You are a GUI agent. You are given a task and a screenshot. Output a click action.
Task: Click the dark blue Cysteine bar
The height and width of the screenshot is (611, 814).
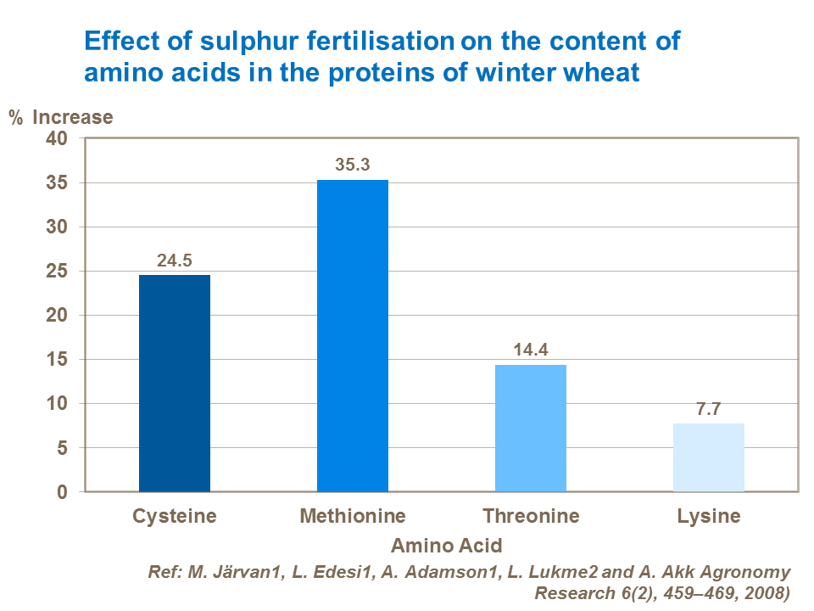[x=175, y=383]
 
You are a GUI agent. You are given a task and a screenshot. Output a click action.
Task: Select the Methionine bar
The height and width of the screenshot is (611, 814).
[x=353, y=335]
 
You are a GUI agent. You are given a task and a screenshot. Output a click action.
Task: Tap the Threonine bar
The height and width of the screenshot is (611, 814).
[x=531, y=428]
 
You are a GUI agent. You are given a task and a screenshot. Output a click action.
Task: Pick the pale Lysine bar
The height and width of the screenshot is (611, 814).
[x=709, y=457]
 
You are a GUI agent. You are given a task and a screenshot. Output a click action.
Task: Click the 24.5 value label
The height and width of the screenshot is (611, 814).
[x=175, y=261]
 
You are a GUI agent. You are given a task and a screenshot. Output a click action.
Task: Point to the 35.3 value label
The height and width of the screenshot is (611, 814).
[x=353, y=165]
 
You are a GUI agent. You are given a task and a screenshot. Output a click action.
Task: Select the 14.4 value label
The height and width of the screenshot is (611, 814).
[x=531, y=350]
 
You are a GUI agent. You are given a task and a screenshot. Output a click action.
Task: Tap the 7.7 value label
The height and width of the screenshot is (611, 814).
[x=709, y=409]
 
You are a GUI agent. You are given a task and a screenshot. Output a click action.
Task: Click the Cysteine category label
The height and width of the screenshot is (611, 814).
[x=175, y=516]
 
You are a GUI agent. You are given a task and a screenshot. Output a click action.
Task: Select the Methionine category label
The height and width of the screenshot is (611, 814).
[x=353, y=516]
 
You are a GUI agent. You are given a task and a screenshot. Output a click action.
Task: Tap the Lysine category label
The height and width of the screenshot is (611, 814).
[x=709, y=516]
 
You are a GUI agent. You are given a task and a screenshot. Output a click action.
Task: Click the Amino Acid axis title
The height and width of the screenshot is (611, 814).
[x=446, y=545]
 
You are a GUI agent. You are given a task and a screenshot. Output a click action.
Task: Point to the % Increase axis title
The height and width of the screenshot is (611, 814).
[x=60, y=117]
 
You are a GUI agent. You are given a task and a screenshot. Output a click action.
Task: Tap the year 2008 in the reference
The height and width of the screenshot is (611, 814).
[x=766, y=593]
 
